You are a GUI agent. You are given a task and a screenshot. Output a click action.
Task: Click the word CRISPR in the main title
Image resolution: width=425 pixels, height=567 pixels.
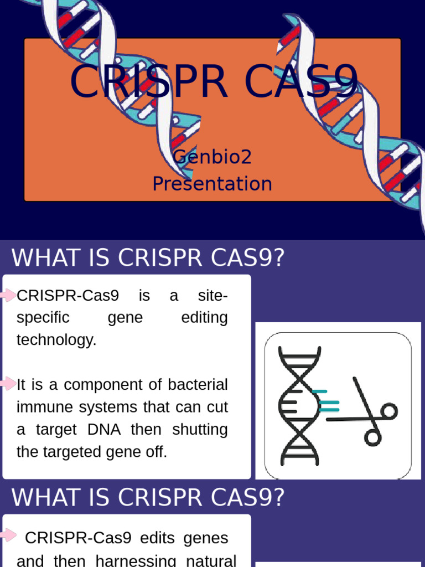148,82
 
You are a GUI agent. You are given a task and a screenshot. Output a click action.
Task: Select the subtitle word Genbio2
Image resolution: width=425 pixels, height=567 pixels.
212,157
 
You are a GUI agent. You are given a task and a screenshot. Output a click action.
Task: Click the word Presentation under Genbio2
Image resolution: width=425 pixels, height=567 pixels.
212,184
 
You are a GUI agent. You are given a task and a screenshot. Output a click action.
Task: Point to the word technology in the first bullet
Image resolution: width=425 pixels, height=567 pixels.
56,340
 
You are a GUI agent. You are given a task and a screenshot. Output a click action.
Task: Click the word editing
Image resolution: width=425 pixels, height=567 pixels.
204,318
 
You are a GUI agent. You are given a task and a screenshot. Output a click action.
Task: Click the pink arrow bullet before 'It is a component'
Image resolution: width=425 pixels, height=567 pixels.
8,383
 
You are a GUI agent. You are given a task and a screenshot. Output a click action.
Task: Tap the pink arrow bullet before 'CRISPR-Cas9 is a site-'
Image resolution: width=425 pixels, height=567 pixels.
8,295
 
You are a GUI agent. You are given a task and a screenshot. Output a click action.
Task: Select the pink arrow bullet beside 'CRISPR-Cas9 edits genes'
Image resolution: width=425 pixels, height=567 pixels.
8,535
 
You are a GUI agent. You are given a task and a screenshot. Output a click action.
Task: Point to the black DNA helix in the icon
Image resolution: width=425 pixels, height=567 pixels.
299,406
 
